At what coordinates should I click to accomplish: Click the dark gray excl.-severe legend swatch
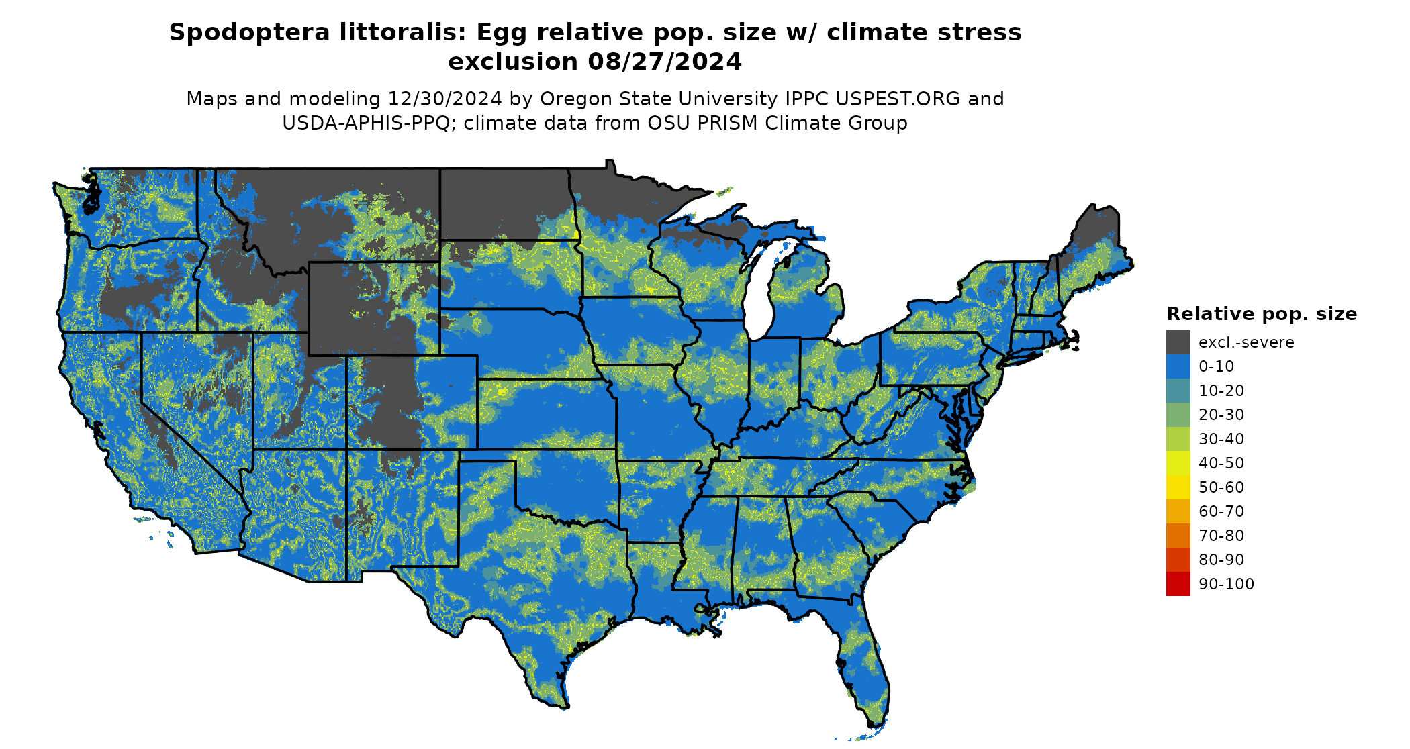tap(1178, 342)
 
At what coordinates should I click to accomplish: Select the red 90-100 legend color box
tap(1178, 584)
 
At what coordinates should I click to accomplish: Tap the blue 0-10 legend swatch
tap(1178, 366)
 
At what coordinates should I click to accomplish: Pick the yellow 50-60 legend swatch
tap(1178, 487)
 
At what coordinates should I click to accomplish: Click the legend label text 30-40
tap(1221, 439)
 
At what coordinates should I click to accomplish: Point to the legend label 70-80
tap(1221, 536)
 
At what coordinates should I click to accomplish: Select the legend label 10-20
tap(1221, 391)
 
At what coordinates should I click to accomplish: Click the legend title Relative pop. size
tap(1262, 314)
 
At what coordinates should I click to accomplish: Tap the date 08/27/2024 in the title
tap(665, 62)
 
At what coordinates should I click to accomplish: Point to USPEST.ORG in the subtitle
tap(898, 99)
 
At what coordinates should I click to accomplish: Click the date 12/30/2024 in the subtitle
tap(444, 99)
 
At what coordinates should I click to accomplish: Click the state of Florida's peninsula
tap(866, 664)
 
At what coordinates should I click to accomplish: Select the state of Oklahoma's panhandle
tap(487, 456)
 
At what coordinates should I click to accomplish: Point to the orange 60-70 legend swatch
tap(1178, 511)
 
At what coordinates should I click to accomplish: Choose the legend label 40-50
tap(1221, 463)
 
